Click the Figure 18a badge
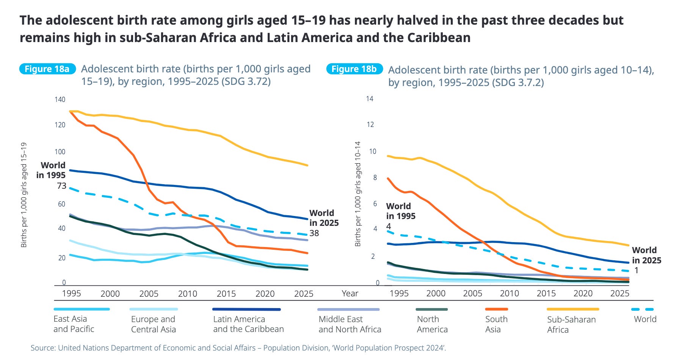click(x=47, y=69)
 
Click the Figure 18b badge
click(x=354, y=69)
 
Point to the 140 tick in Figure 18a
click(x=60, y=100)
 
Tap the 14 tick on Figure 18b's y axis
click(x=370, y=99)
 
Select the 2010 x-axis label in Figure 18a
click(x=187, y=294)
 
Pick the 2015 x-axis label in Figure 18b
click(x=546, y=293)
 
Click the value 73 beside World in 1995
click(x=61, y=186)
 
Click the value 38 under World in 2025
click(x=314, y=233)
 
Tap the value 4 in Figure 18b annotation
click(x=389, y=227)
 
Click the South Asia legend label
click(x=496, y=324)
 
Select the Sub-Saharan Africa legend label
click(x=571, y=324)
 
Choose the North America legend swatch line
click(x=431, y=309)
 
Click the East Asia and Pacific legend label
click(x=74, y=324)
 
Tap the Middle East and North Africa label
click(x=350, y=324)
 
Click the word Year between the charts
click(x=350, y=294)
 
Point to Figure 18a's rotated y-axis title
click(x=24, y=195)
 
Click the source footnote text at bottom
click(x=238, y=347)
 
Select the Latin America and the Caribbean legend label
click(x=248, y=324)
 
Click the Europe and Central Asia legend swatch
click(x=154, y=309)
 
